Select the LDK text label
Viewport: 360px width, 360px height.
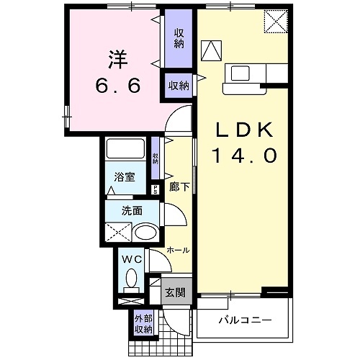(x=243, y=130)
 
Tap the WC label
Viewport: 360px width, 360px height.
(x=132, y=258)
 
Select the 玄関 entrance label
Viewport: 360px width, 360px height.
(x=175, y=294)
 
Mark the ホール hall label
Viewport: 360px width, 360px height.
(x=178, y=250)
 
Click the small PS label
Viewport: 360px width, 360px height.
(x=156, y=190)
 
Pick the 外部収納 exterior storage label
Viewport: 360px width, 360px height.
(x=143, y=324)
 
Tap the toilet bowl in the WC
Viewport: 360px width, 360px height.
(x=132, y=278)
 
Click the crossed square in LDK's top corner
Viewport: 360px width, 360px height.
(x=274, y=20)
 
